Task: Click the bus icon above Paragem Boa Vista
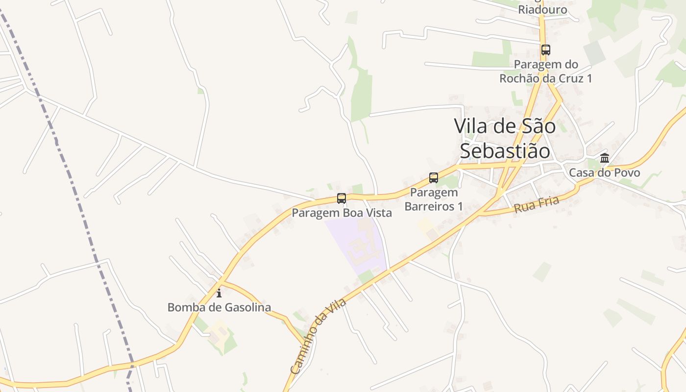pos(342,198)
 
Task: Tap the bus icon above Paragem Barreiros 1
pos(434,178)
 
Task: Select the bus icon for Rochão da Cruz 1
pos(546,50)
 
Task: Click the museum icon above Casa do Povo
pos(605,158)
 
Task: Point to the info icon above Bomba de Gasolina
pos(219,294)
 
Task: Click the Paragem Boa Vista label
pos(342,213)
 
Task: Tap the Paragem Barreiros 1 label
pos(434,199)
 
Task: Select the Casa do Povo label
pos(604,173)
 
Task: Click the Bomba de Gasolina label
pos(219,308)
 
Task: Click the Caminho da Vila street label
pos(318,336)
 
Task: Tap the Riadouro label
pos(542,10)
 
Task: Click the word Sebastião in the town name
pos(505,151)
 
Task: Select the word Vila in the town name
pos(471,126)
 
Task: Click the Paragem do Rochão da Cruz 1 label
pos(546,72)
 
